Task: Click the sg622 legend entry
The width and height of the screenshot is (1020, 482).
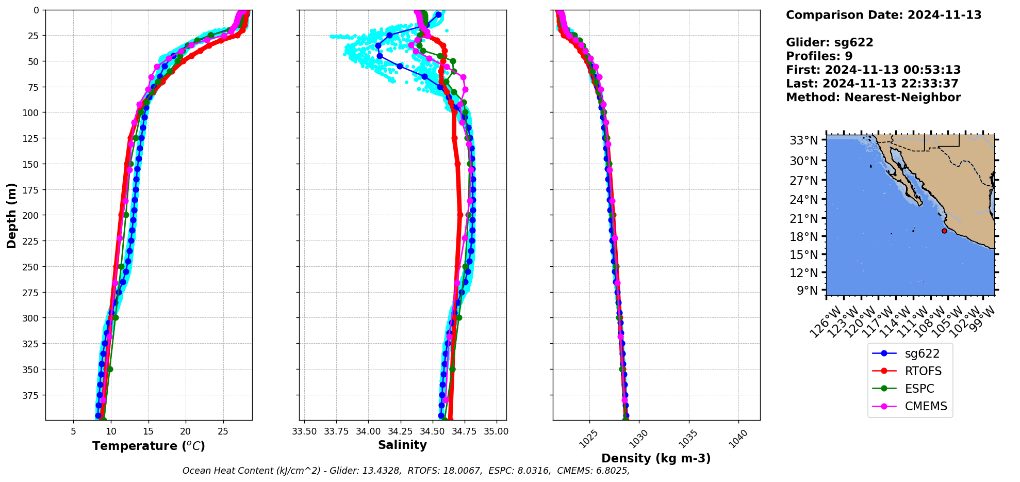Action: coord(922,354)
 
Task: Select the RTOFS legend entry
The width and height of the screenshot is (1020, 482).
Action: coord(923,371)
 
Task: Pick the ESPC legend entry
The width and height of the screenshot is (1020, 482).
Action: coord(919,389)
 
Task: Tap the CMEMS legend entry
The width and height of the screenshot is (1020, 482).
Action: coord(926,406)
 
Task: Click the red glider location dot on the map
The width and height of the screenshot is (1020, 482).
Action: coord(944,231)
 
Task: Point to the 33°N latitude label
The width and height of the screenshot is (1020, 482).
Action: coord(803,140)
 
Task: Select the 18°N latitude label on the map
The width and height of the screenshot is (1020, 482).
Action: coord(803,237)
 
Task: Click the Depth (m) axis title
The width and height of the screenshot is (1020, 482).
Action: coord(11,215)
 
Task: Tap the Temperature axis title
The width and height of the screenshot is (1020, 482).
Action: coord(149,446)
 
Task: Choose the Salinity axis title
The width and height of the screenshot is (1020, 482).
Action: coord(402,445)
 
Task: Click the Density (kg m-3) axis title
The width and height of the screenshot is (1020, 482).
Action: coord(656,458)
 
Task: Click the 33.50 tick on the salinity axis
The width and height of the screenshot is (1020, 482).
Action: coord(304,431)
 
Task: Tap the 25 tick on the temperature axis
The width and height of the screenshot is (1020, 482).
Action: coord(223,431)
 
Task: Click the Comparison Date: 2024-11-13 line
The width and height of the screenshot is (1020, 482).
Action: coord(883,15)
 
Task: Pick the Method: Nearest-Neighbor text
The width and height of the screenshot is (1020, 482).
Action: coord(873,98)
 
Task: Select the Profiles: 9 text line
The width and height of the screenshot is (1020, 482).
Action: coord(819,56)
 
